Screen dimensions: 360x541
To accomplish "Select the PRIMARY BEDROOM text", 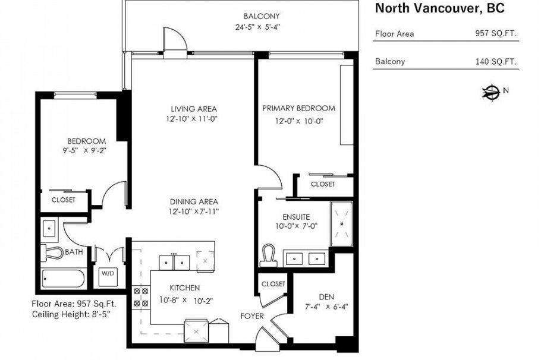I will tap(298, 108).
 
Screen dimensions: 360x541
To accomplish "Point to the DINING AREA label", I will tap(194, 201).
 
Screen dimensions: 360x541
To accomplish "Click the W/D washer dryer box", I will tap(108, 274).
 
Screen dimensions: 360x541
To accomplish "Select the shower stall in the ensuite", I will tap(341, 224).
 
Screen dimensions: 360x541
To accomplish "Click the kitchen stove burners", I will tap(141, 296).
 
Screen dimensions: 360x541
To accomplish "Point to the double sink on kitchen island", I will tap(174, 261).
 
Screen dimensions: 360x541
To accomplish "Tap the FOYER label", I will tap(252, 316).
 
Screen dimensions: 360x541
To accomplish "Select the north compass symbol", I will tap(491, 91).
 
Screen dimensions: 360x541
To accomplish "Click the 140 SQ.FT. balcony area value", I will tap(496, 61).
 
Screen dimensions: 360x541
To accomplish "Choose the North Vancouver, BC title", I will tap(440, 8).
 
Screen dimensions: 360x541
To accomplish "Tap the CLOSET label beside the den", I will tap(273, 284).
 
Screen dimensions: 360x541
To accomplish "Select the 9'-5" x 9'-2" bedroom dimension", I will tap(86, 151).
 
